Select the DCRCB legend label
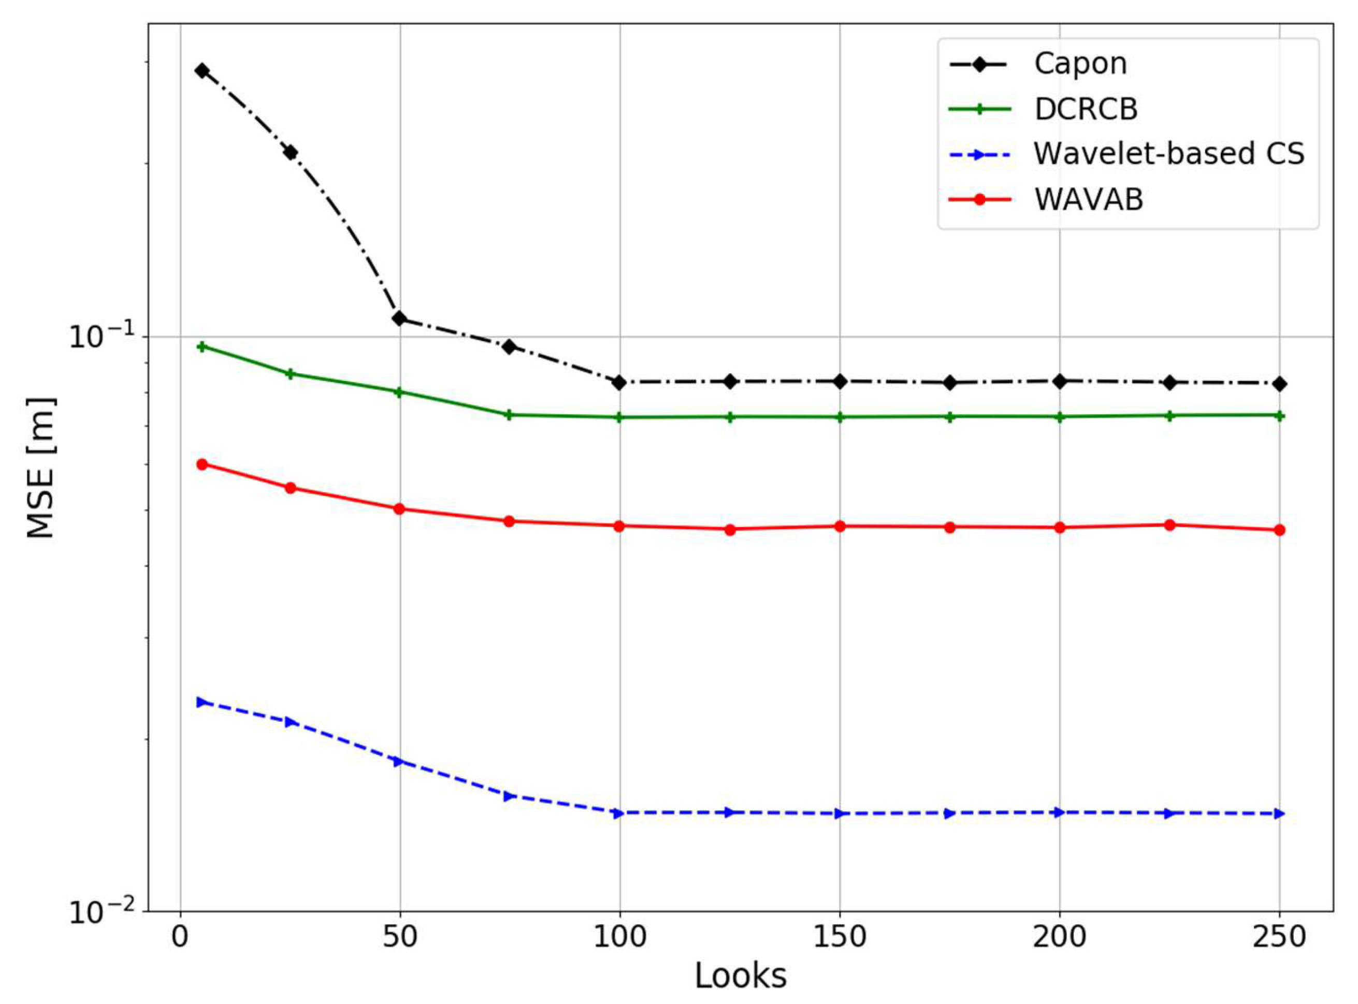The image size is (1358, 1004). click(x=1086, y=109)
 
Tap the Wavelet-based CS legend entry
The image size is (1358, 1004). click(x=1168, y=154)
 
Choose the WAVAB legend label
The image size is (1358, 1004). click(x=1089, y=199)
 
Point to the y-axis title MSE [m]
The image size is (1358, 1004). click(x=41, y=468)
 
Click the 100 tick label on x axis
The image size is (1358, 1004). click(x=619, y=937)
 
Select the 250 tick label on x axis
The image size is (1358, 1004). click(x=1279, y=937)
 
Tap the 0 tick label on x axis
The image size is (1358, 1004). click(x=180, y=937)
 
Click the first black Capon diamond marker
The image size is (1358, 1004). click(x=203, y=70)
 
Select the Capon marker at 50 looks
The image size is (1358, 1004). click(x=399, y=318)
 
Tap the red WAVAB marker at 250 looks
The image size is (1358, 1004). click(x=1279, y=530)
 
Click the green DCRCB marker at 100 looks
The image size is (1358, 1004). click(x=619, y=417)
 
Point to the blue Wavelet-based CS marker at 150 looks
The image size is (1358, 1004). click(x=840, y=813)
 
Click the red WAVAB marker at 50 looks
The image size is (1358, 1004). click(x=399, y=508)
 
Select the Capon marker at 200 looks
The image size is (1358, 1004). click(x=1060, y=381)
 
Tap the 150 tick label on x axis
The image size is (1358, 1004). click(x=840, y=937)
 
